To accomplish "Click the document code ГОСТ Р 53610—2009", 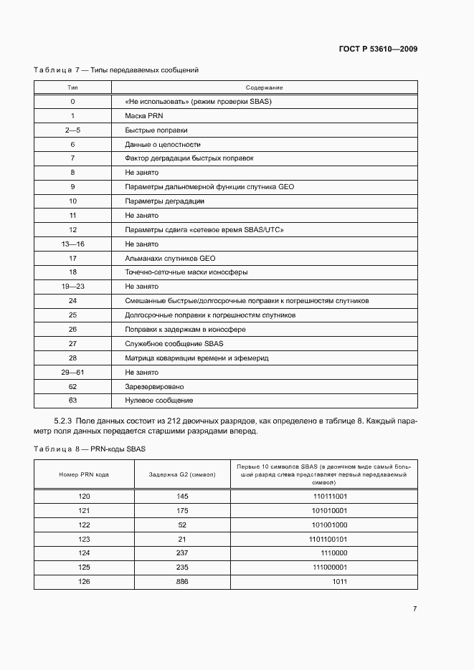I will tap(378, 49).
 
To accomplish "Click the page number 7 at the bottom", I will tap(414, 608).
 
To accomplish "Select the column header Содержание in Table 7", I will tap(265, 87).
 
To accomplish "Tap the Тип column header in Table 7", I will tap(72, 87).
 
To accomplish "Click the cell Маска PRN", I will tap(144, 115).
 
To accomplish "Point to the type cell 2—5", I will tap(72, 130).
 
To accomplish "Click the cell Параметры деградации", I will tap(165, 201).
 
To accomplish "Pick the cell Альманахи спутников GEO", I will tap(170, 258).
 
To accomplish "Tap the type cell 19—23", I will tap(72, 286).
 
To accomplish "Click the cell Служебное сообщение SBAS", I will tap(174, 343).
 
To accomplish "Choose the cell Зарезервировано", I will tap(156, 386).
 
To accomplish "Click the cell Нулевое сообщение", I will tap(159, 400).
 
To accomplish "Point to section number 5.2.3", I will tap(64, 421).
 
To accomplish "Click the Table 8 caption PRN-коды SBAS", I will tap(126, 449).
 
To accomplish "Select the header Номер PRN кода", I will tap(84, 474).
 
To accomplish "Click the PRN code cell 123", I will tap(84, 538).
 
